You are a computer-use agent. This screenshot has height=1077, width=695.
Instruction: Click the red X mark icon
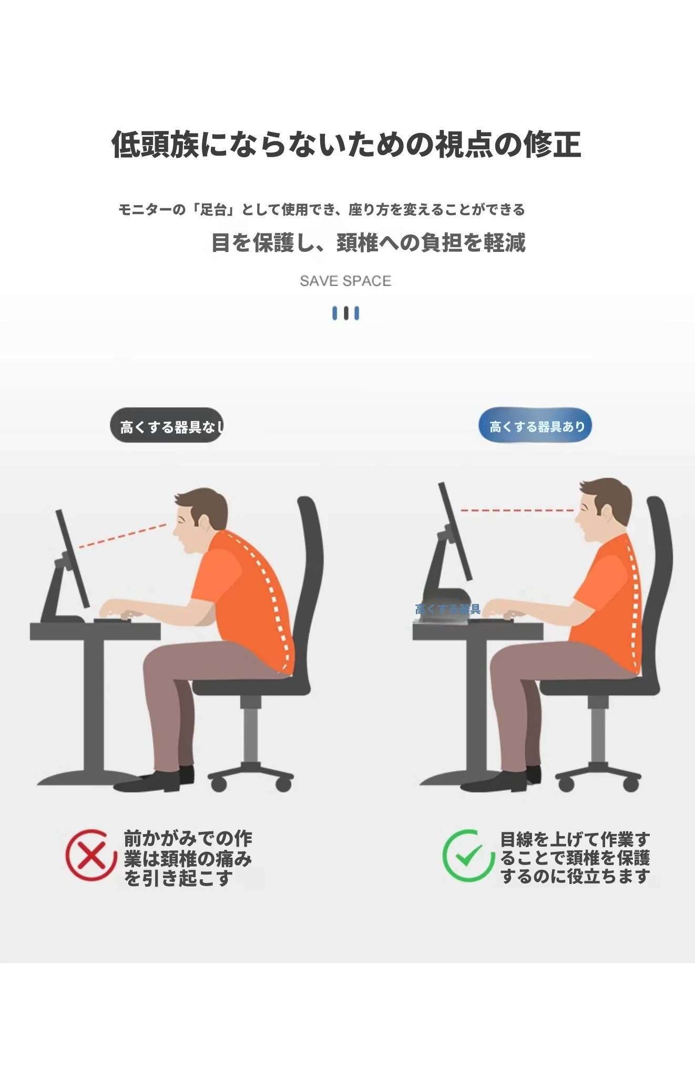91,855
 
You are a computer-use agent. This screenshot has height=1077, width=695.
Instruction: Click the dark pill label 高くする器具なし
167,425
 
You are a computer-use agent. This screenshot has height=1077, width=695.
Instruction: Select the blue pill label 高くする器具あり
535,425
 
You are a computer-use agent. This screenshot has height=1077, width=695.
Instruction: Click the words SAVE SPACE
345,281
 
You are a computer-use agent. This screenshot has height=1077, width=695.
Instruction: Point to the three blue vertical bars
345,313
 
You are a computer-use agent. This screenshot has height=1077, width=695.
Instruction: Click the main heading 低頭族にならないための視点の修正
346,144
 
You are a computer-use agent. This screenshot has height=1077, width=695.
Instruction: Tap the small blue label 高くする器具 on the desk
447,609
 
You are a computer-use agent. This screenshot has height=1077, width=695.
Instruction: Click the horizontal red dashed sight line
517,510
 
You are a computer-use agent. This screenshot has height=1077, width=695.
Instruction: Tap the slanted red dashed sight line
122,536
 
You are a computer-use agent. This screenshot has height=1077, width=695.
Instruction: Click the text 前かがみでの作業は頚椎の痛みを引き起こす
188,858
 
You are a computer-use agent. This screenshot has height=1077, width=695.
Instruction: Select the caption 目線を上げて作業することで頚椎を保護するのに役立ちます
575,857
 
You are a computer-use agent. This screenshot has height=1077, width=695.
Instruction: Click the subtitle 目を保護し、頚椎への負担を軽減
368,242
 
